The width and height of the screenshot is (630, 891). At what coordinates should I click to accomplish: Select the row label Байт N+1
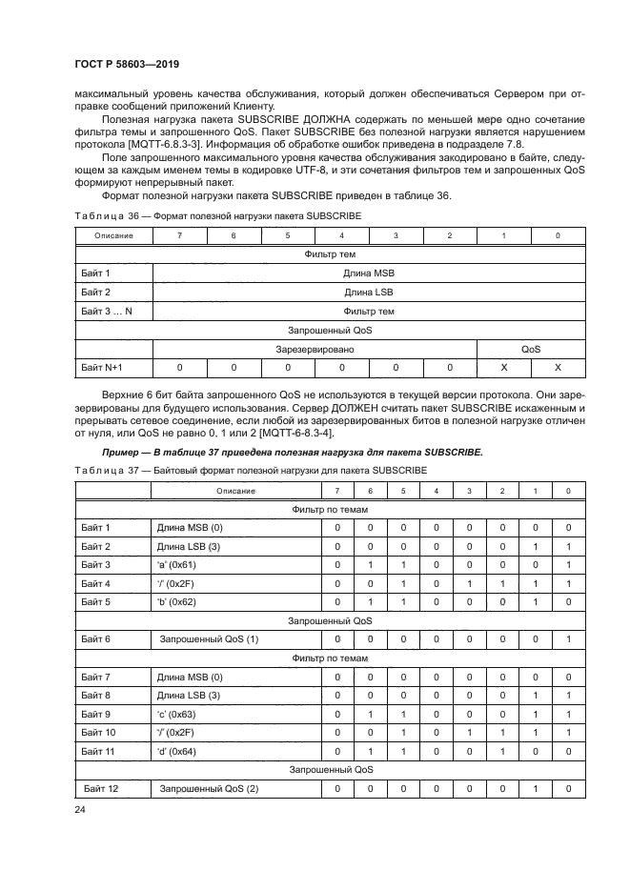pos(102,368)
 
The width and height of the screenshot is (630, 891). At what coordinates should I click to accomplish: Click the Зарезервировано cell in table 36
pos(315,349)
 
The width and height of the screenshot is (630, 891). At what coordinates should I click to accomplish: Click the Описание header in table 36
pos(113,235)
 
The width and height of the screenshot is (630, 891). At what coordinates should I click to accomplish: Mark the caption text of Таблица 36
pos(217,216)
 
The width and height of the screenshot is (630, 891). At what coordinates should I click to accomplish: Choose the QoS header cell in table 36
pos(530,349)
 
